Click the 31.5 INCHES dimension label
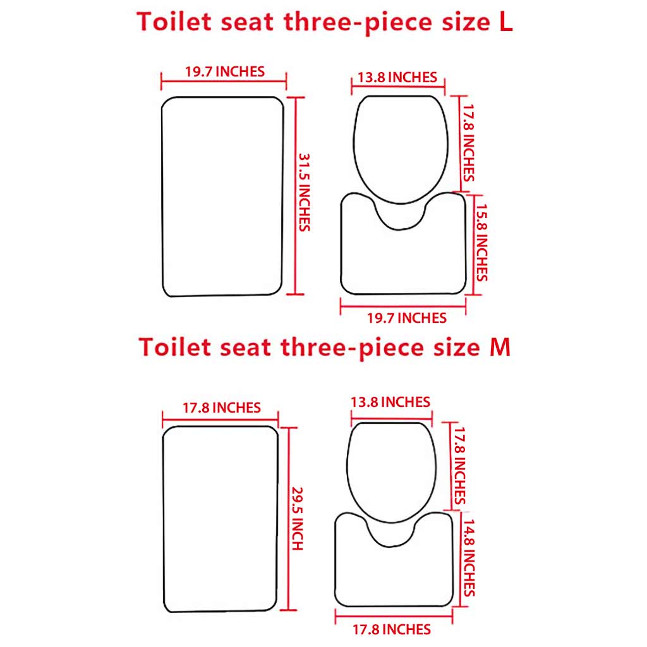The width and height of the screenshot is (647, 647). pos(305,191)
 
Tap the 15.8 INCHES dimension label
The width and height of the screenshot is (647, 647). pos(481,240)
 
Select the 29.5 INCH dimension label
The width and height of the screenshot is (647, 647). pos(298,517)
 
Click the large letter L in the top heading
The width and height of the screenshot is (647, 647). pos(506,21)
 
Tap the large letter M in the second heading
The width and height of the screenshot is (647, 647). pos(500,348)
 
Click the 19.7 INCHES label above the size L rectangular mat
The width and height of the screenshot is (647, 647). pos(225,71)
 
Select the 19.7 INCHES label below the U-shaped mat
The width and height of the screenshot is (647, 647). pos(407,318)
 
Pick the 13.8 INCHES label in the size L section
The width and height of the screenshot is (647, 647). pos(397,78)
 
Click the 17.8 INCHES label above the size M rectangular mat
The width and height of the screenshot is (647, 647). pos(222,408)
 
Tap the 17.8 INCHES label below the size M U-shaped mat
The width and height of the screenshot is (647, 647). pos(392,629)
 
